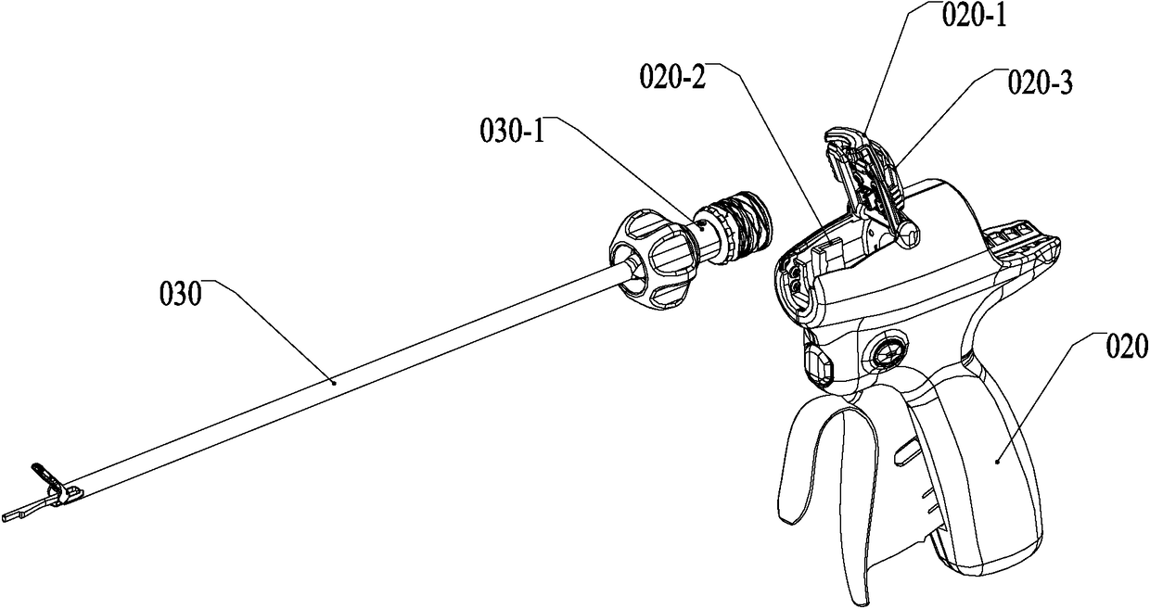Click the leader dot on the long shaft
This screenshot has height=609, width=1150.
point(335,379)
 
